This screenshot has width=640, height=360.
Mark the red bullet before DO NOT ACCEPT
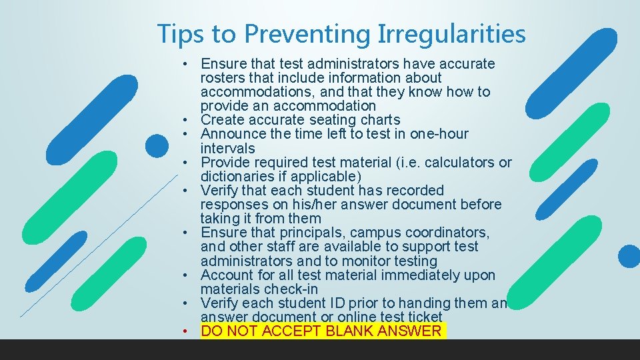coord(190,331)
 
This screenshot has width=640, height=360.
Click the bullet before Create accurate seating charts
coord(190,120)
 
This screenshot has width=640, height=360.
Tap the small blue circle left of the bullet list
coord(157,146)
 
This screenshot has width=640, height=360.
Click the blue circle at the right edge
coord(629,256)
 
